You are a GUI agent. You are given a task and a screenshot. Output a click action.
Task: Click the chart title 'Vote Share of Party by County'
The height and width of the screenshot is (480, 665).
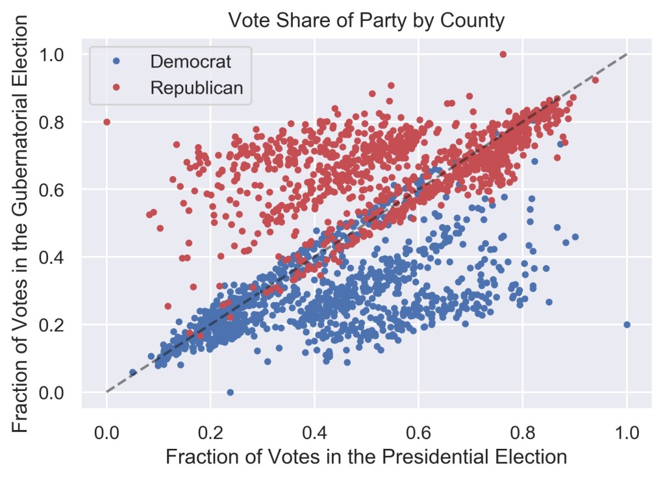(x=366, y=21)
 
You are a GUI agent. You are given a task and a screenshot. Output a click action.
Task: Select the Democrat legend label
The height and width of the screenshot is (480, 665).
(x=190, y=62)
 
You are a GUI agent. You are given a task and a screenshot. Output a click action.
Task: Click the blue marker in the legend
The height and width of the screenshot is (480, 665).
(x=116, y=62)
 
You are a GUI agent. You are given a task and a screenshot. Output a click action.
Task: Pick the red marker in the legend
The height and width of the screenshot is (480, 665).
(x=116, y=88)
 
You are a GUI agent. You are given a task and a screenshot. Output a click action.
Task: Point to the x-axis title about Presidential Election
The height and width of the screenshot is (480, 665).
(x=366, y=457)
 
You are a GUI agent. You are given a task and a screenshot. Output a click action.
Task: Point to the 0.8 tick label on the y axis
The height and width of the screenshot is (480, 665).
(x=58, y=122)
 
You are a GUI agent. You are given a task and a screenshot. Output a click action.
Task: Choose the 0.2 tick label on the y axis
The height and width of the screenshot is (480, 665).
(x=58, y=325)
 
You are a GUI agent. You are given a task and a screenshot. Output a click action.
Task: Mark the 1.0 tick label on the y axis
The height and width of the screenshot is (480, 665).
(x=58, y=55)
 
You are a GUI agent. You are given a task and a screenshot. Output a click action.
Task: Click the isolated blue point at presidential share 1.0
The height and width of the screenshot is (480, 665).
(x=627, y=324)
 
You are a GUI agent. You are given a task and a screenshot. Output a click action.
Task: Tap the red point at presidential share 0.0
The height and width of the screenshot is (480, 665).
(x=107, y=121)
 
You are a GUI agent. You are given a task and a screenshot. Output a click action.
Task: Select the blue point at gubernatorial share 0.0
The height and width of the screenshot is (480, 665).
(x=230, y=392)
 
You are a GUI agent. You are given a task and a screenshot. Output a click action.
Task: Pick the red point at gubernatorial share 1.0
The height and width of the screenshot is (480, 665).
(x=503, y=55)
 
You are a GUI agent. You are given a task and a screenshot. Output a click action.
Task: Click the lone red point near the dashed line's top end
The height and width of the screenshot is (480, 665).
(x=596, y=80)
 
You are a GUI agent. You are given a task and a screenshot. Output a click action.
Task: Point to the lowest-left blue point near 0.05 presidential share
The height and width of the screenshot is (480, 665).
(x=132, y=372)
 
